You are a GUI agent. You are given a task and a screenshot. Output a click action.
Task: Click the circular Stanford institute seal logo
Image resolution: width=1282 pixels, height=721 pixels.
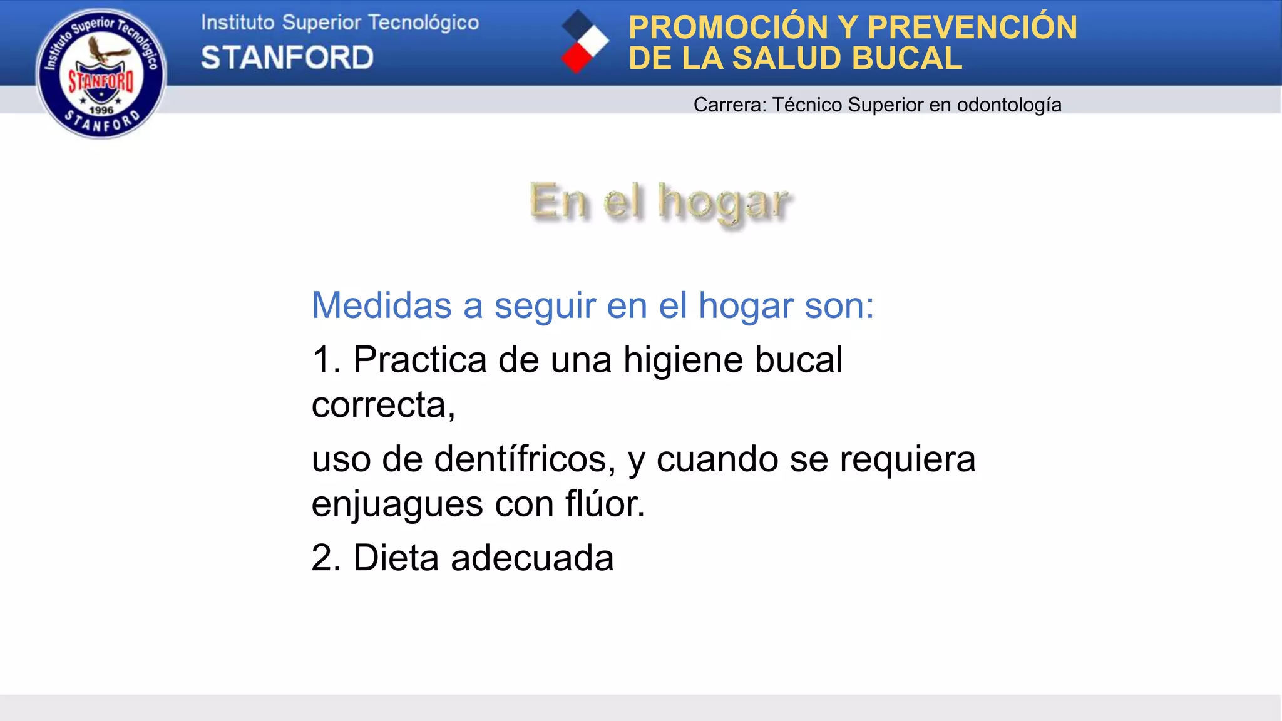click(101, 74)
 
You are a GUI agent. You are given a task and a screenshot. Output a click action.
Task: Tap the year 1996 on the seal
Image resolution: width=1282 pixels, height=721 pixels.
click(101, 110)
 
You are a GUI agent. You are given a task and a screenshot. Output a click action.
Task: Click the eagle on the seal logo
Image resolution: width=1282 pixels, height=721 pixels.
click(104, 50)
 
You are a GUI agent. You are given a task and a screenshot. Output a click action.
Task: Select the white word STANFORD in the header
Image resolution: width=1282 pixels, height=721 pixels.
click(287, 58)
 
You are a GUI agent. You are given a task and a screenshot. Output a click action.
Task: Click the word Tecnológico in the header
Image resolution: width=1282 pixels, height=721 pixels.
click(423, 23)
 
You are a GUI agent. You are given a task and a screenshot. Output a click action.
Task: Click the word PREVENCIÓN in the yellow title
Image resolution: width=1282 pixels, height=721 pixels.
click(972, 28)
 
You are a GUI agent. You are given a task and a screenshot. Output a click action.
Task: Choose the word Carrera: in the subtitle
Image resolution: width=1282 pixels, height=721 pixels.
click(730, 105)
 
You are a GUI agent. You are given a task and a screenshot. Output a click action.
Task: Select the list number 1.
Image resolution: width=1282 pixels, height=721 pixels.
click(324, 360)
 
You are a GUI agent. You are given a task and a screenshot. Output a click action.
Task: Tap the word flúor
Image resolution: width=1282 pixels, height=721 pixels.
click(605, 504)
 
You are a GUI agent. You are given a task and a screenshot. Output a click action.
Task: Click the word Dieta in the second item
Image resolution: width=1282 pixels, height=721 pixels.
click(396, 558)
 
